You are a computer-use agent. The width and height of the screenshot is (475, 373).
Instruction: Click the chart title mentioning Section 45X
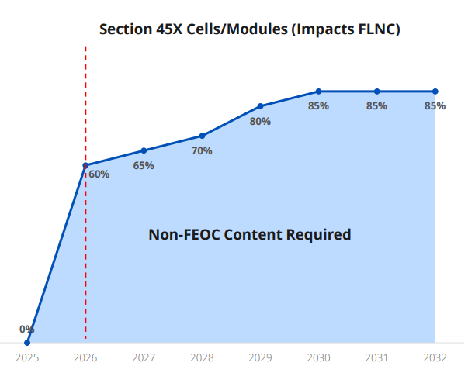(x=248, y=29)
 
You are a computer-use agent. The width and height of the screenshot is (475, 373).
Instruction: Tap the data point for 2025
(x=27, y=342)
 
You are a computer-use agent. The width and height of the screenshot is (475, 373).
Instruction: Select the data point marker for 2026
(x=85, y=165)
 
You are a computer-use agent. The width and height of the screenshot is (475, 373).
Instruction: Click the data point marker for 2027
(x=144, y=150)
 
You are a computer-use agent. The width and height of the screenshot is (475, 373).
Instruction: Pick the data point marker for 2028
(x=202, y=136)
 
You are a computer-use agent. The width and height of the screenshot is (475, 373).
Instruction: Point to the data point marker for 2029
(x=260, y=106)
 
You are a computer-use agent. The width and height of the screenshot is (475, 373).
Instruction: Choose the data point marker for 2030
(x=318, y=92)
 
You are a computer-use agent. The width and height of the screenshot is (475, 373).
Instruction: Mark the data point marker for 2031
(x=376, y=92)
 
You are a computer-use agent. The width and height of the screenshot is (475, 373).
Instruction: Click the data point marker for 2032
(x=435, y=92)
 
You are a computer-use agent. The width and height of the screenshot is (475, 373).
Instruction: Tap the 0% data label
(x=27, y=329)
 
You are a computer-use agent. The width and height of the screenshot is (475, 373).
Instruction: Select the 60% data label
(x=99, y=174)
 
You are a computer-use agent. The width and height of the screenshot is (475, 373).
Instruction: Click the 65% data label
(x=144, y=165)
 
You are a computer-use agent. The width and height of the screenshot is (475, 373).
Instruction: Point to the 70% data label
(x=202, y=151)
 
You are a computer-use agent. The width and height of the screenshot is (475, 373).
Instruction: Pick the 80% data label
(x=260, y=121)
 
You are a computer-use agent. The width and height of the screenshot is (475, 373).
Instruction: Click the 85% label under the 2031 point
(x=376, y=106)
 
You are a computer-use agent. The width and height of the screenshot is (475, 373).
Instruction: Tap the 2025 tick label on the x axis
(x=27, y=358)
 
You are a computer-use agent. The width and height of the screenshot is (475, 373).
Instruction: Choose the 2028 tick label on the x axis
(x=202, y=358)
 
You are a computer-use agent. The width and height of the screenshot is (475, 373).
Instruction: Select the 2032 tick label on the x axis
(x=435, y=358)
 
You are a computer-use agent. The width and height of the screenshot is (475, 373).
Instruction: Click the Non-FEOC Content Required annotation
(x=249, y=234)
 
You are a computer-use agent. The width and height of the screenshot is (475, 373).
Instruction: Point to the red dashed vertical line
(x=85, y=256)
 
